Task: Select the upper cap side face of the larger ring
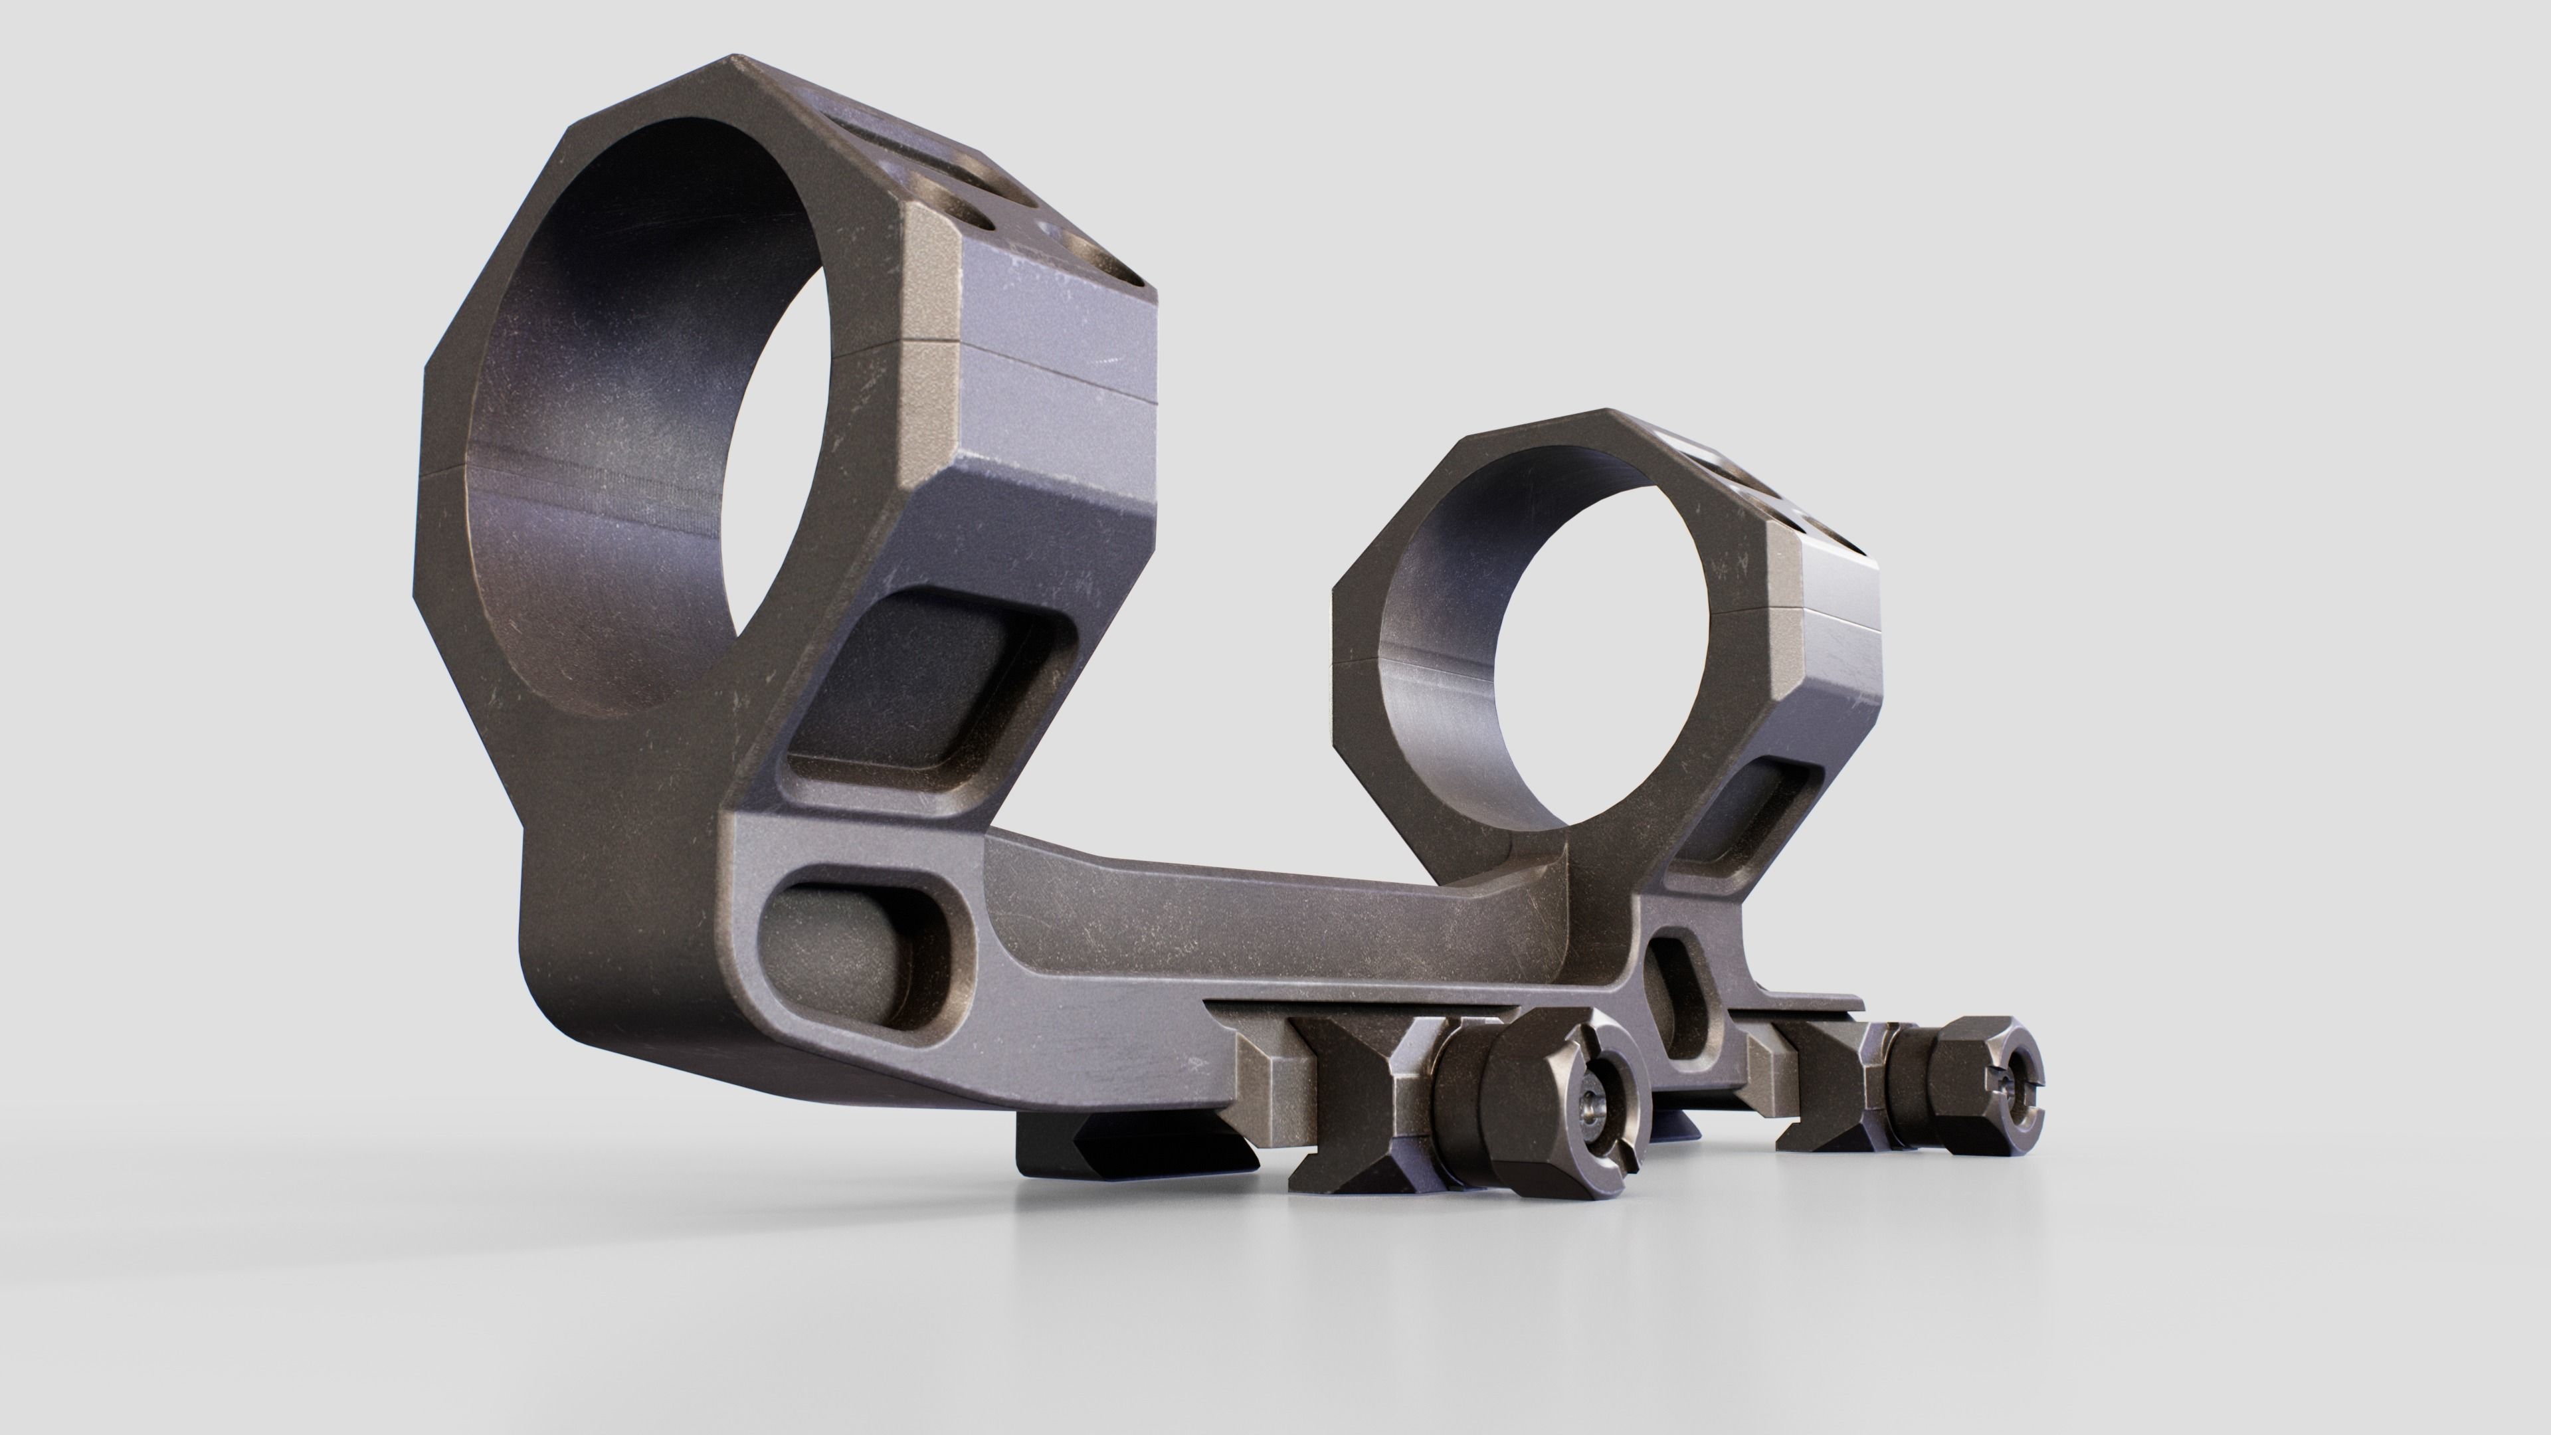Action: pyautogui.click(x=1050, y=297)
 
